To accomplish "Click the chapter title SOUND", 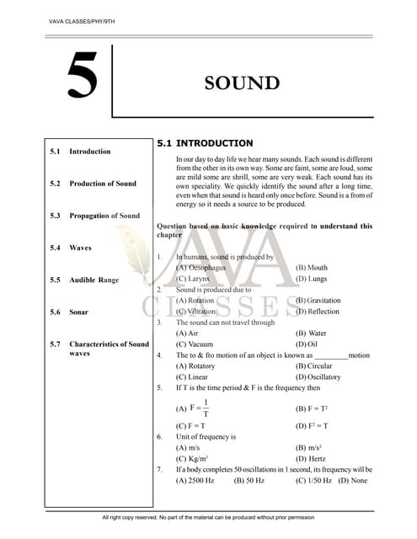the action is [242, 83].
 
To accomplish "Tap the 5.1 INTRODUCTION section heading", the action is [205, 143].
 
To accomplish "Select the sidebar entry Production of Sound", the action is [102, 184].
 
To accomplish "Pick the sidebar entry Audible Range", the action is [94, 280].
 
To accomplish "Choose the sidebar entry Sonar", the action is [78, 312].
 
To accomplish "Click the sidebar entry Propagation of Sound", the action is [104, 216].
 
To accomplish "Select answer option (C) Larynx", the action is [194, 278].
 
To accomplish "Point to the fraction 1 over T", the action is [206, 408].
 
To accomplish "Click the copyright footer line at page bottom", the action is [207, 516].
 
